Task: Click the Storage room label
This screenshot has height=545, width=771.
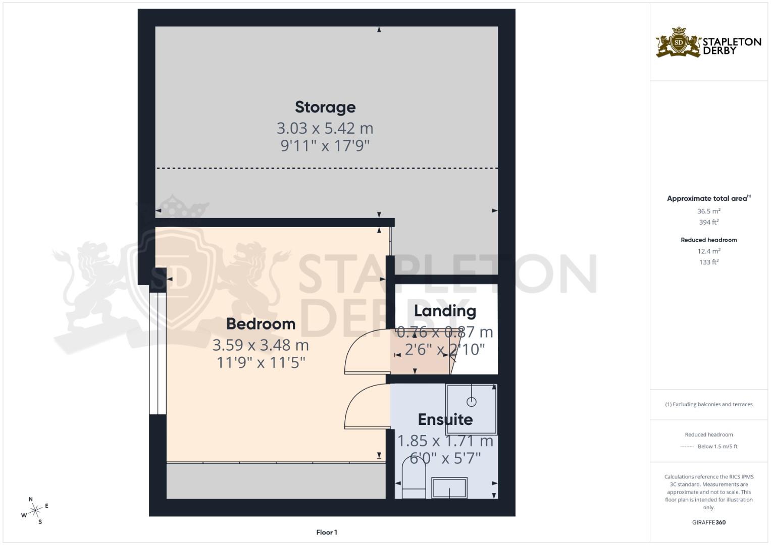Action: [325, 107]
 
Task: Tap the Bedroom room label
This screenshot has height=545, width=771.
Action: [261, 323]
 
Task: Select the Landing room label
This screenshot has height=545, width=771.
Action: [445, 311]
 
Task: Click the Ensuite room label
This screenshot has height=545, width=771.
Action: [445, 419]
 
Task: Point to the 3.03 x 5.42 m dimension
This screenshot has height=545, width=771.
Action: [325, 128]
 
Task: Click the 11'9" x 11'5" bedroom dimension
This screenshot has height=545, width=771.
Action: [261, 362]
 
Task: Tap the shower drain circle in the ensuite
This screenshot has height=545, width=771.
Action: [471, 402]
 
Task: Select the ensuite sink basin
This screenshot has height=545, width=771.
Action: [449, 488]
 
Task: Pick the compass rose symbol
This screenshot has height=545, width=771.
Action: [35, 511]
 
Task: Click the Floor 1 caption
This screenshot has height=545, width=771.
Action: [327, 532]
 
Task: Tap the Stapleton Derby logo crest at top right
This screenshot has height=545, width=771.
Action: [678, 42]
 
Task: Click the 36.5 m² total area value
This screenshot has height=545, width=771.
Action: [709, 211]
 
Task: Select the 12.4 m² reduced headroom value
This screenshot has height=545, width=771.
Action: [709, 251]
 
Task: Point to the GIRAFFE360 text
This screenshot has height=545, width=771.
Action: [709, 522]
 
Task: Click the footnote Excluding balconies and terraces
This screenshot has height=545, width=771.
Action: [709, 404]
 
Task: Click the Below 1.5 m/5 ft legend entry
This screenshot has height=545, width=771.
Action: [717, 447]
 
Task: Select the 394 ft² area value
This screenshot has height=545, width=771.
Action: [709, 222]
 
